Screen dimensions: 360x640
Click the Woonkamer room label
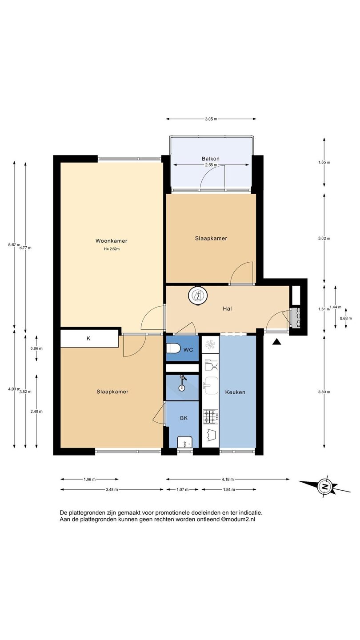pyautogui.click(x=112, y=241)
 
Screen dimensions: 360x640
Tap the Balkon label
pyautogui.click(x=211, y=159)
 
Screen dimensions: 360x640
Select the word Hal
pyautogui.click(x=228, y=308)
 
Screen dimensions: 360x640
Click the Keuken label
pyautogui.click(x=235, y=392)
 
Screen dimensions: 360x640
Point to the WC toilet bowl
pyautogui.click(x=173, y=348)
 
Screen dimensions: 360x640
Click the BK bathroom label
pyautogui.click(x=184, y=418)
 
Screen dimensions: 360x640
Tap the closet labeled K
pyautogui.click(x=89, y=339)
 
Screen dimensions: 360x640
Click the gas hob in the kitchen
pyautogui.click(x=211, y=417)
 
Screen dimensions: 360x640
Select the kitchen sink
pyautogui.click(x=211, y=386)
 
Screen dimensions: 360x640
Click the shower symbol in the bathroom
pyautogui.click(x=182, y=383)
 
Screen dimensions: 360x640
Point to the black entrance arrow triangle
pyautogui.click(x=276, y=342)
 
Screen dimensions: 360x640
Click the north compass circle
pyautogui.click(x=324, y=486)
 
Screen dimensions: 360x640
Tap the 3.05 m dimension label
pyautogui.click(x=211, y=119)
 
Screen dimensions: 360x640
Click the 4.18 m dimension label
pyautogui.click(x=228, y=479)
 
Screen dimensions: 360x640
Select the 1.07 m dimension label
pyautogui.click(x=182, y=489)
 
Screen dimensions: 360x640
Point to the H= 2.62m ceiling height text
pyautogui.click(x=112, y=249)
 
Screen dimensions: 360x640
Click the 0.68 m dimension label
pyautogui.click(x=346, y=318)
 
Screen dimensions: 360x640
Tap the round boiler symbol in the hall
pyautogui.click(x=198, y=295)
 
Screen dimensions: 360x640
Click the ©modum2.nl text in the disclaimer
pyautogui.click(x=238, y=519)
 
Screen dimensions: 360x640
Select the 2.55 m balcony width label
pyautogui.click(x=211, y=165)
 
